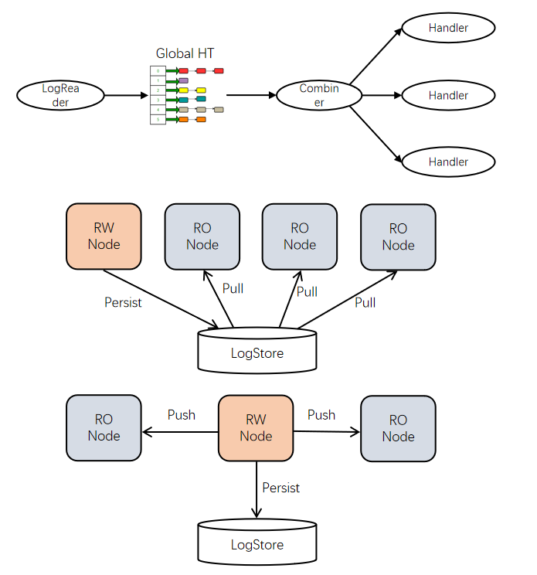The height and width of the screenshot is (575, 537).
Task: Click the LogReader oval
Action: [60, 96]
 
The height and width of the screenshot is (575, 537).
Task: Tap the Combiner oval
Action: [318, 96]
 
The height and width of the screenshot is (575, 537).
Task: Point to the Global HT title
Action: [185, 53]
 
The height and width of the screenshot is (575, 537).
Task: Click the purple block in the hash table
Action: [183, 80]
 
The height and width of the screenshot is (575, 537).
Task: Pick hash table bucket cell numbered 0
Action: [158, 70]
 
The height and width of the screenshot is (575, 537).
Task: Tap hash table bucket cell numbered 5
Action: [158, 120]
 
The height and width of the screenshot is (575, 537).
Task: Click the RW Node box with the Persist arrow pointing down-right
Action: [104, 236]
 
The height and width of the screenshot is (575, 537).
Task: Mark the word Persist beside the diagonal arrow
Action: [123, 302]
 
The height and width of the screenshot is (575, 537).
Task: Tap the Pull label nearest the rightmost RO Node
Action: [365, 302]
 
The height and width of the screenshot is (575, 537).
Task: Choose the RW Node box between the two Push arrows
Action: [256, 428]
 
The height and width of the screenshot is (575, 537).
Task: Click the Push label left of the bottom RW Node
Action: [182, 415]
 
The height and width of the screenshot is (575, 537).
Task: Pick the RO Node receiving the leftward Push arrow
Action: [104, 428]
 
